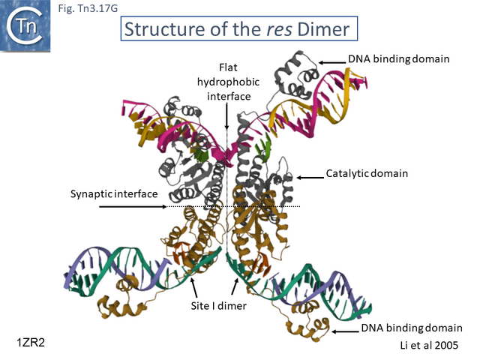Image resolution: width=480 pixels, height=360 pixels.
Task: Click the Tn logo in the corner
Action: (x=25, y=28)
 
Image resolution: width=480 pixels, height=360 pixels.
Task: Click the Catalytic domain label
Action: (x=367, y=173)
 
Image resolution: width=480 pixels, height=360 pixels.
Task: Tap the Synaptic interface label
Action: (x=114, y=193)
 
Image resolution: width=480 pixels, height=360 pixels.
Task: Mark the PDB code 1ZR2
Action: (x=32, y=342)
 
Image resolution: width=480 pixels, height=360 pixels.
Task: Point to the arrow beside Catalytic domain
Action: (x=310, y=178)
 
